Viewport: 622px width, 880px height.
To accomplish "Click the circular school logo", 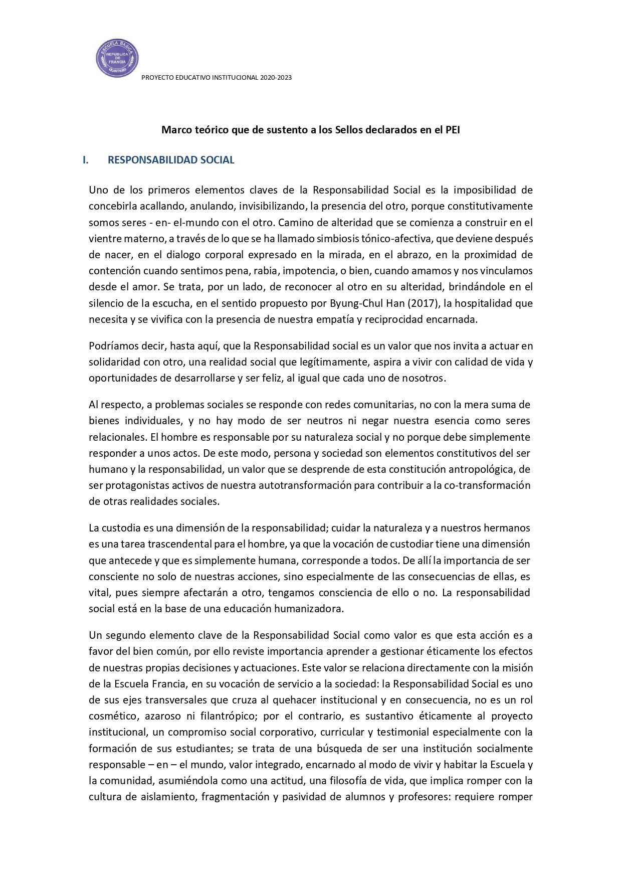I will [x=117, y=59].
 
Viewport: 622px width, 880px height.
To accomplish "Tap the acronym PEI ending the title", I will [x=452, y=130].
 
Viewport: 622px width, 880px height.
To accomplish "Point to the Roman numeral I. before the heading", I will [x=86, y=160].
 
